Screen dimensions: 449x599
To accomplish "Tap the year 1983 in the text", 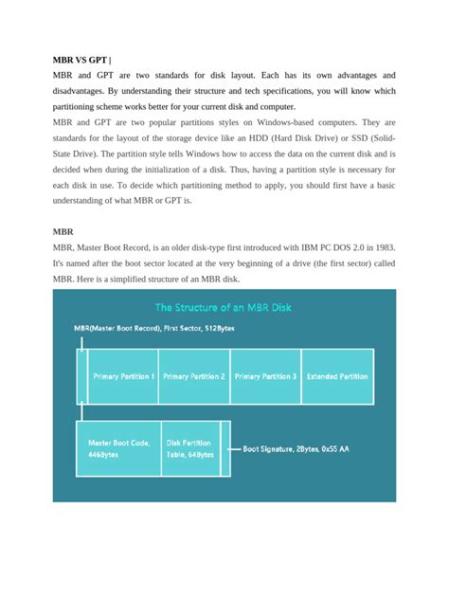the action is (382, 247).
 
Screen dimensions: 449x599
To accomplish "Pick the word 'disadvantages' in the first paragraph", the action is (84, 92).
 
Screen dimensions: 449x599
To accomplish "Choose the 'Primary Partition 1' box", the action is (123, 376).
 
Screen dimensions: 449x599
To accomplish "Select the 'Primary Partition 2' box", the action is (194, 376).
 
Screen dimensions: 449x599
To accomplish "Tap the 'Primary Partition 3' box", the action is (265, 376).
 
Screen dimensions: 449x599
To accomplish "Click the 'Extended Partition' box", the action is (337, 376).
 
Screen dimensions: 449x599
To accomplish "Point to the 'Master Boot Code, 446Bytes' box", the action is (118, 448).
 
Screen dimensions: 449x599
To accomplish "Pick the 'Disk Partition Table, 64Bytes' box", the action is (190, 448).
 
